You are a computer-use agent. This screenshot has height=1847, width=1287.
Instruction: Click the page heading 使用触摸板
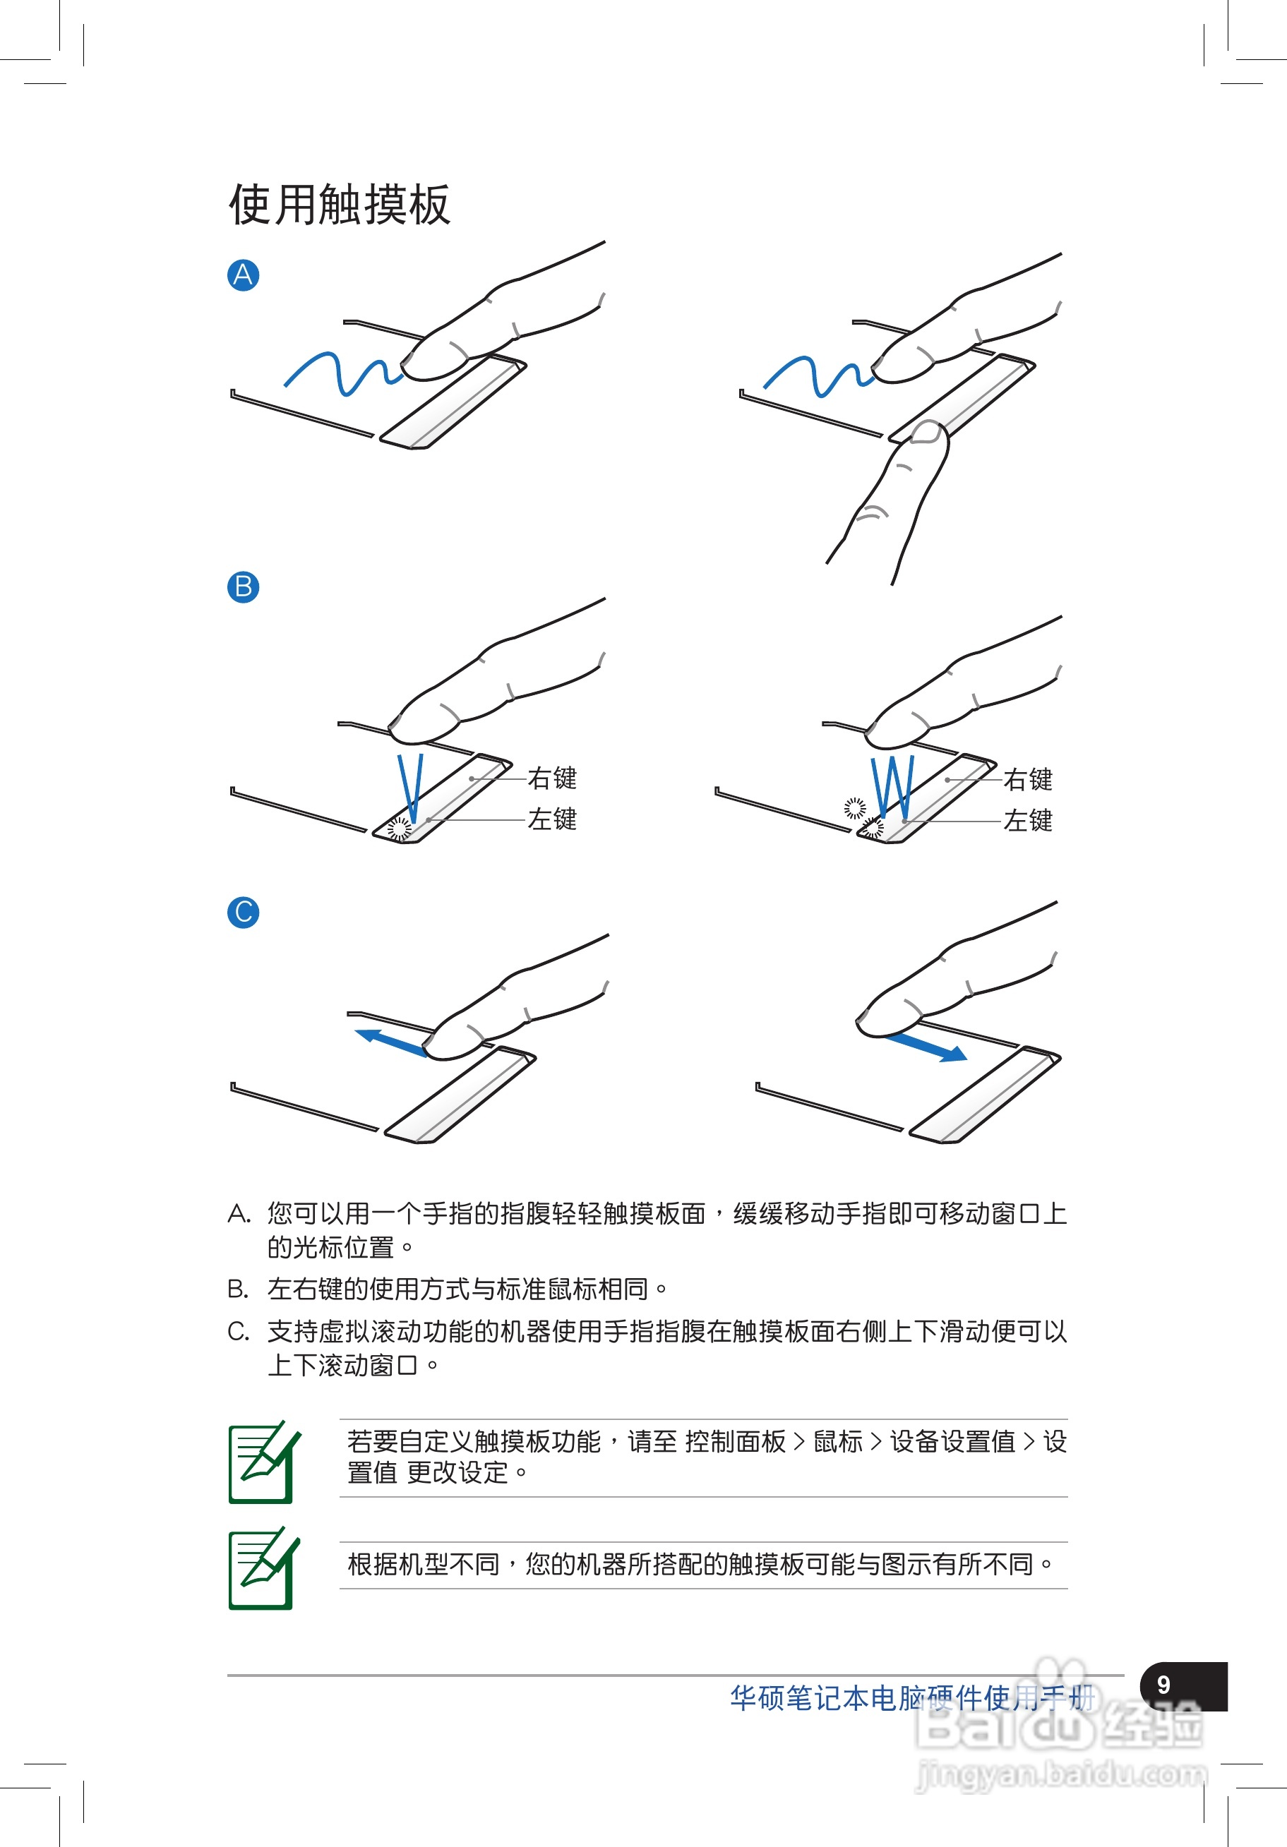[340, 205]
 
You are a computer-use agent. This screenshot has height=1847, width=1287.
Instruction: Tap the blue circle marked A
[243, 275]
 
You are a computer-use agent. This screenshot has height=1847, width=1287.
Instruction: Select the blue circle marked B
[243, 587]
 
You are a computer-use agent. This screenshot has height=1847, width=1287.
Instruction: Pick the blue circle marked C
[243, 913]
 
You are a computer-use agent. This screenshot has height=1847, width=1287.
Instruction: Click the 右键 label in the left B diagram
[552, 778]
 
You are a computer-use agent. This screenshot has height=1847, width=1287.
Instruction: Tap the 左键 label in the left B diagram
[552, 819]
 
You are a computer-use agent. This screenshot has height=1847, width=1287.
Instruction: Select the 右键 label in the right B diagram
[1028, 778]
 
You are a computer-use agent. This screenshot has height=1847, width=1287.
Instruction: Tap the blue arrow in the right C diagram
[926, 1048]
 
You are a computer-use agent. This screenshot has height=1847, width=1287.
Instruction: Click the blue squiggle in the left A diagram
[344, 374]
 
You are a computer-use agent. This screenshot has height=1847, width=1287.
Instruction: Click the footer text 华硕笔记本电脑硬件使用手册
[912, 1697]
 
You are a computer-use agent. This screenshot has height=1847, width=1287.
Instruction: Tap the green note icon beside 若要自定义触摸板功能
[264, 1462]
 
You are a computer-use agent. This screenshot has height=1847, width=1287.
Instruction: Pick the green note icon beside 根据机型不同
[264, 1568]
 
